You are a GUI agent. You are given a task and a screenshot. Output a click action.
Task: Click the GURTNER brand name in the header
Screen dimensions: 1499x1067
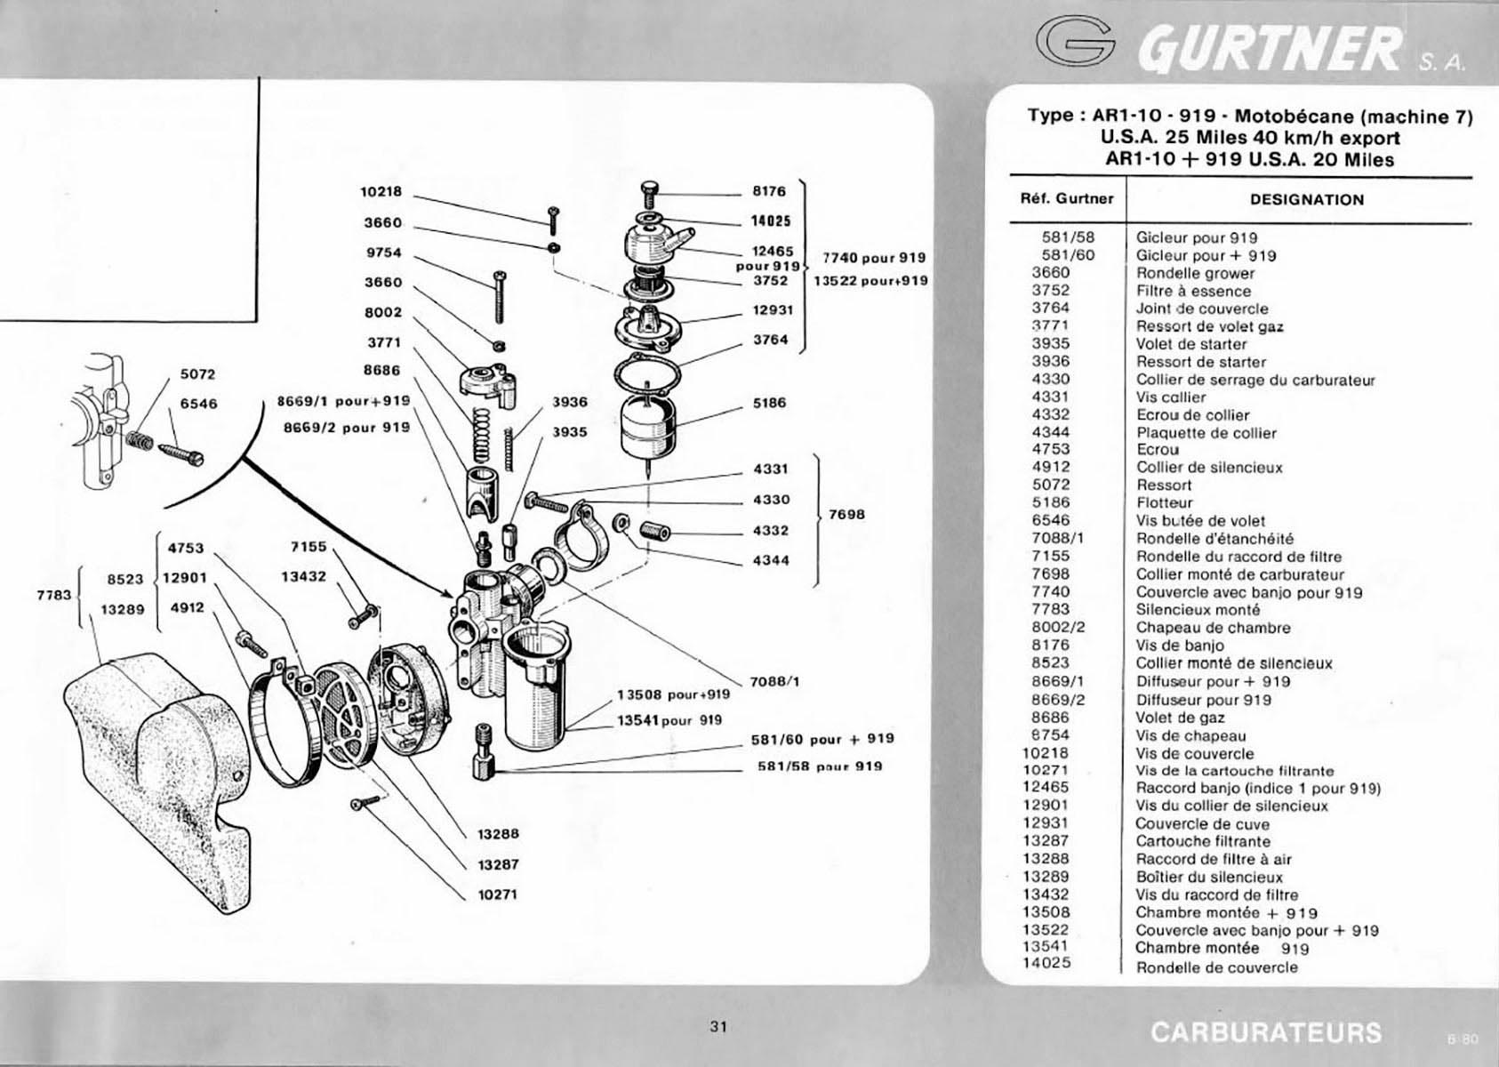[x=1269, y=48]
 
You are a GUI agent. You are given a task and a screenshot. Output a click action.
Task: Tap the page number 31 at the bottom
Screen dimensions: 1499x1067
[x=718, y=1026]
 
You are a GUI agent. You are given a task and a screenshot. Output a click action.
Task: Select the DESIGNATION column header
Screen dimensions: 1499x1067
[x=1307, y=199]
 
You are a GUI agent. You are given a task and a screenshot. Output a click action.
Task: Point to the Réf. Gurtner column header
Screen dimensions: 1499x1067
[x=1067, y=199]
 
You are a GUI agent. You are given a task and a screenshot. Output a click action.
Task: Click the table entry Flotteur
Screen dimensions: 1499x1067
[x=1165, y=502]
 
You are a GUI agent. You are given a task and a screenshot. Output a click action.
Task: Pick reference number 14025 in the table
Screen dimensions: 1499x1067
[x=1047, y=963]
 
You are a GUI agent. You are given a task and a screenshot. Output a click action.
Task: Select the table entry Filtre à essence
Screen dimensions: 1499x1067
[x=1193, y=291]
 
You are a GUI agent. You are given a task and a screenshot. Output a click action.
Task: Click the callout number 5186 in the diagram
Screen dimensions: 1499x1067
[x=770, y=403]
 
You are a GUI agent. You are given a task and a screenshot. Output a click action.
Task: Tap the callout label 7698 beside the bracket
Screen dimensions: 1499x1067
[x=846, y=515]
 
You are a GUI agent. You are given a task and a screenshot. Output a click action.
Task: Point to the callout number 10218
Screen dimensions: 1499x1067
[x=381, y=191]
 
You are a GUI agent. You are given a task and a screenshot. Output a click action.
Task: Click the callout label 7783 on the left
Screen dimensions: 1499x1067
[x=53, y=595]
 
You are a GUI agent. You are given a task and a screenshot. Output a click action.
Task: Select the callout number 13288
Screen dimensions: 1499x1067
[x=498, y=834]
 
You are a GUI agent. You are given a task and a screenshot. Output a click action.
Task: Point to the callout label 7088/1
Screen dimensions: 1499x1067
[x=775, y=682]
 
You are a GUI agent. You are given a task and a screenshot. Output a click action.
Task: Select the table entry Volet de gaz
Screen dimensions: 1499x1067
[x=1181, y=718]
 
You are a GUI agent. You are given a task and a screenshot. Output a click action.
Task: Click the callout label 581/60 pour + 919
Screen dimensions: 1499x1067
[x=822, y=739]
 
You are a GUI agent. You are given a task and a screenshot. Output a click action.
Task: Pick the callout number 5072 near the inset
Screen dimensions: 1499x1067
[x=198, y=374]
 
